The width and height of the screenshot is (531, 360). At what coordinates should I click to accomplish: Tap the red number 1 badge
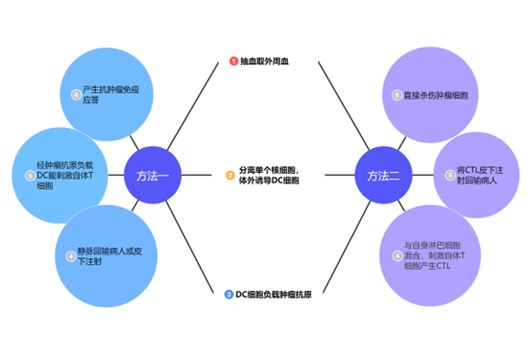tap(231, 60)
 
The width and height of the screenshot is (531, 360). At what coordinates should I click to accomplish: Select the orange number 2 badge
tap(229, 175)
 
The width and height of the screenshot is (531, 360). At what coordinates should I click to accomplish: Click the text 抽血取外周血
tap(264, 60)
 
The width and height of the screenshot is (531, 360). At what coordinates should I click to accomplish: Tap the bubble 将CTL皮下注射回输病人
tap(474, 176)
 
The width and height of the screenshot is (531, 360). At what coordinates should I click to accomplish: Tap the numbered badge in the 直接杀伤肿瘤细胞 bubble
tap(397, 95)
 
